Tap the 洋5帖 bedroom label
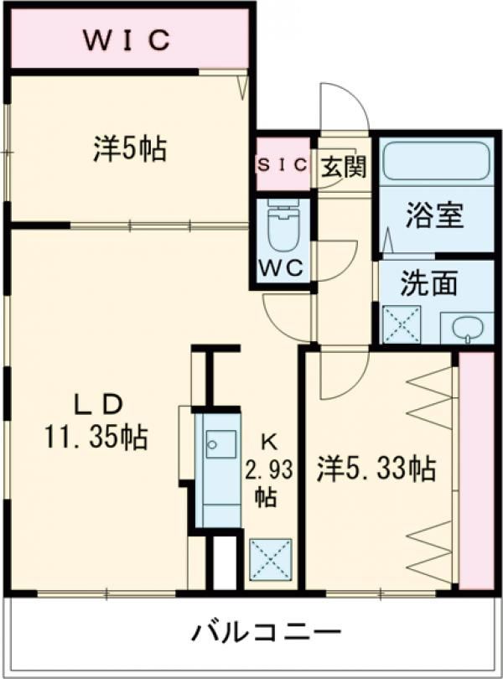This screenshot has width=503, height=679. coord(129,148)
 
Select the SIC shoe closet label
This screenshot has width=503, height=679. coord(283,165)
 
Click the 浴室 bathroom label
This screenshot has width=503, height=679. coord(434,216)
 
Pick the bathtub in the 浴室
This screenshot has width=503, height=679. coord(435,162)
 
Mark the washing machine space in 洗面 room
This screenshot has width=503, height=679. coord(401,324)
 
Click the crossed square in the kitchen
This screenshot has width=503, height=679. coord(270,559)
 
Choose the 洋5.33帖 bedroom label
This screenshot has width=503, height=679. coord(376,469)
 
